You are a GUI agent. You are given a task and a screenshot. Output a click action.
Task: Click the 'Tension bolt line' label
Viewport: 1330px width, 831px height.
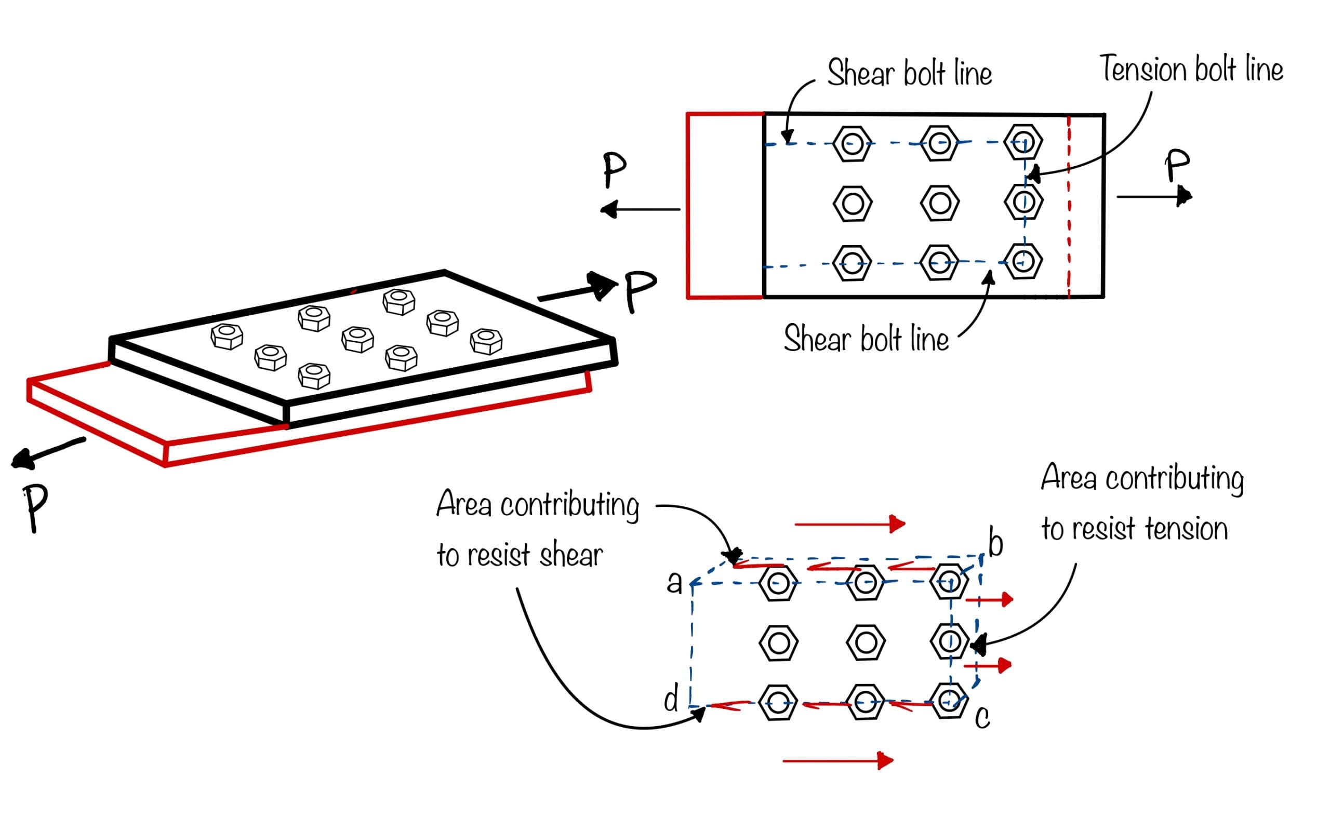coord(1190,69)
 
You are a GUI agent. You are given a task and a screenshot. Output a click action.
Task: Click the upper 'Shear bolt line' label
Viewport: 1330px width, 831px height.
coord(910,73)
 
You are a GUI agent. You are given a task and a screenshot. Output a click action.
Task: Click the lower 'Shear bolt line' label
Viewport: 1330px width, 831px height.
coord(866,338)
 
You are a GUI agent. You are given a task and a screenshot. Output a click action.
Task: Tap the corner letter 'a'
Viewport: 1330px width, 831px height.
coord(674,583)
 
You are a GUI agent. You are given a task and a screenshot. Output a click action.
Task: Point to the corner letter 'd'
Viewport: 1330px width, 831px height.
coord(671,699)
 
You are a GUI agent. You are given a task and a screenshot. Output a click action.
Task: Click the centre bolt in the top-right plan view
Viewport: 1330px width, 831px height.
coord(939,203)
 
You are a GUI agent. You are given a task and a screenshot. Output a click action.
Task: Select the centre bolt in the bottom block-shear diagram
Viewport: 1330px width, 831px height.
coord(866,642)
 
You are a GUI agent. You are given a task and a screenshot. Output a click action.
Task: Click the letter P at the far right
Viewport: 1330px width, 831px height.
coord(1177,164)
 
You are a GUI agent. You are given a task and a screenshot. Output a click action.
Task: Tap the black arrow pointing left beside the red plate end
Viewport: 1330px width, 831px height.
coord(640,209)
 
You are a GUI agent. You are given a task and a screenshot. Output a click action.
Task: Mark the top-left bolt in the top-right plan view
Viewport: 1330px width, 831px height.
coord(852,144)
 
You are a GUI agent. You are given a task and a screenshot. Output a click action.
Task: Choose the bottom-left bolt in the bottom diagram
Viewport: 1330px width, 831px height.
coord(778,702)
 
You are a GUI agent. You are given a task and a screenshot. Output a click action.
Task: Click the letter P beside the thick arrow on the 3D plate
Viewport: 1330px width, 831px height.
coord(640,290)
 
